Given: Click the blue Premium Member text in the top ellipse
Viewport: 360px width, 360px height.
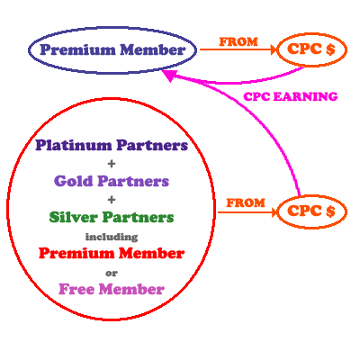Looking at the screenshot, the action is pos(112,49).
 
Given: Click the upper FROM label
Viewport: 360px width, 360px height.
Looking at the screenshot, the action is pos(238,41).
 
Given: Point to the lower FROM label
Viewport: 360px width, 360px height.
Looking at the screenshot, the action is pos(246,203).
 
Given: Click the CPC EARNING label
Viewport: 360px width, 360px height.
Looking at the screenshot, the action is pos(291,97).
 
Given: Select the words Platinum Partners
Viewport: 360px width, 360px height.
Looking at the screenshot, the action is pos(112,145).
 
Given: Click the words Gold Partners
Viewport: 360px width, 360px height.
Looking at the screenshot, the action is pos(112,181).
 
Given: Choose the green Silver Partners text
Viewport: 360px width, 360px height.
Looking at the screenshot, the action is pos(112,217).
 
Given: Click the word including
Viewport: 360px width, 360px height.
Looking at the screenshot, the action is pos(112,237).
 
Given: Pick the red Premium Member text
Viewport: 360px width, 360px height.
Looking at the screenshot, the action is pos(112,253).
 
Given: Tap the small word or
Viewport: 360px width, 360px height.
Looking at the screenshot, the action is pos(112,274).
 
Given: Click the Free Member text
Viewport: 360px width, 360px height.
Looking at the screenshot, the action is pos(112,289).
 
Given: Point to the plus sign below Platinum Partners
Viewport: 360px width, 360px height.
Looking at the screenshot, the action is pos(112,164).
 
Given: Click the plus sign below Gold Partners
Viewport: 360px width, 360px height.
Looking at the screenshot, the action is pos(112,200).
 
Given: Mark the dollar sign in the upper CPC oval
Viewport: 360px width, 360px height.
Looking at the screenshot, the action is pos(330,49).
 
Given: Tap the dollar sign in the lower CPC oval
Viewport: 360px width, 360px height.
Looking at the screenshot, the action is pos(330,211).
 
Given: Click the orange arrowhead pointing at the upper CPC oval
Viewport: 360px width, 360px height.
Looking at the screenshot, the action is pos(274,49).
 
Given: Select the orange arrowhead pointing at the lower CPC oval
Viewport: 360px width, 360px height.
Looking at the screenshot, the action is pos(274,212).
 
